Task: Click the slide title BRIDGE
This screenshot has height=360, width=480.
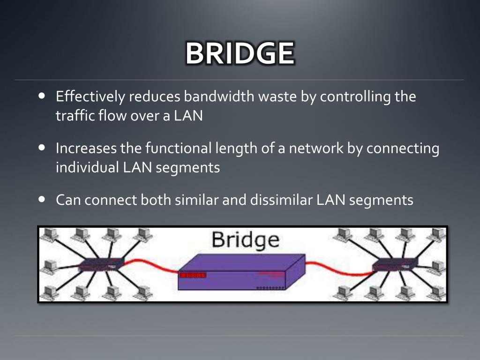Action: pos(240,54)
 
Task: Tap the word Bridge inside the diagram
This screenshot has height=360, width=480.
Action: pos(245,240)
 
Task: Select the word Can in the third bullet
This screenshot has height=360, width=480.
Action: pos(67,201)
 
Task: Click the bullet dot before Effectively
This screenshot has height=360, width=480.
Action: pos(42,96)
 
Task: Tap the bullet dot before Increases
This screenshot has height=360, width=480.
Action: pos(42,147)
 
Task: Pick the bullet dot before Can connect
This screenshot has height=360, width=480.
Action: pos(42,199)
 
